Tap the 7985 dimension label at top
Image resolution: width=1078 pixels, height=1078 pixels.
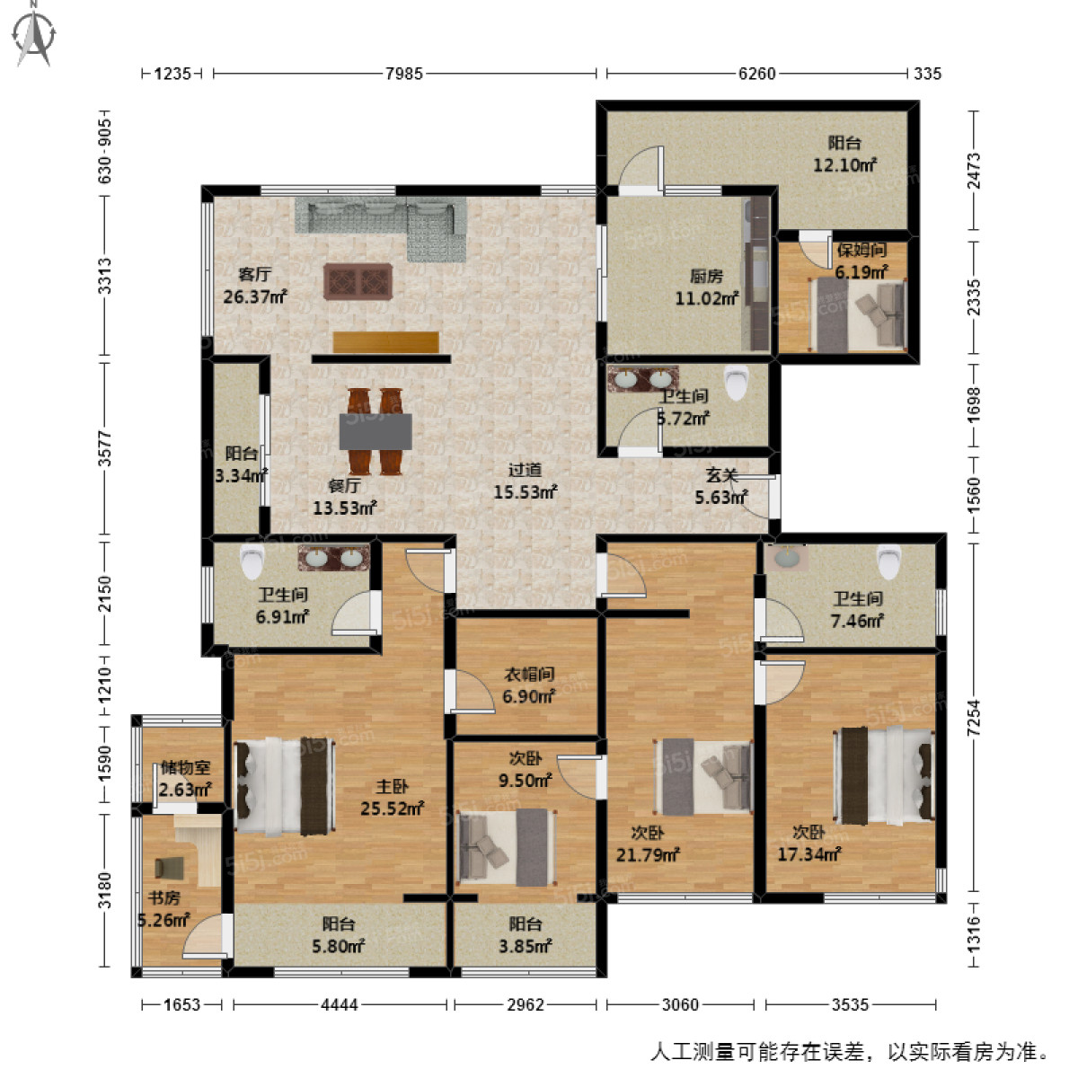403,74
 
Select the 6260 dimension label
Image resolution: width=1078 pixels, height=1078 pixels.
756,74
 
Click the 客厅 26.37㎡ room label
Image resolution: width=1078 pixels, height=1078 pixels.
254,286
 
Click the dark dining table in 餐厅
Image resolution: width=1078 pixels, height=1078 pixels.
376,431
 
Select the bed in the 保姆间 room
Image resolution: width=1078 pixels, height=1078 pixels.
859,314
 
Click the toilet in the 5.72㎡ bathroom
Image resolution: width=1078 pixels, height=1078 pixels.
737,383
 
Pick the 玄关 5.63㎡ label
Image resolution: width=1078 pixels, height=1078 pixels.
721,486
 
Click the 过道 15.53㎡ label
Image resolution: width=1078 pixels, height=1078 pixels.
525,481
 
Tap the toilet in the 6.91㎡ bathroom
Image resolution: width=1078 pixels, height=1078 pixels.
252,563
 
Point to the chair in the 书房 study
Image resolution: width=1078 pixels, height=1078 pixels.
169,867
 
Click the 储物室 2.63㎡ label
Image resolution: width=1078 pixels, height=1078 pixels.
185,779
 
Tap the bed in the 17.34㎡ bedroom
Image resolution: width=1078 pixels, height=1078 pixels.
884,775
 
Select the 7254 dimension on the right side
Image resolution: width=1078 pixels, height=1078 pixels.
974,719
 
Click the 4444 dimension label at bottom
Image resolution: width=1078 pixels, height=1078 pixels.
340,1004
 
